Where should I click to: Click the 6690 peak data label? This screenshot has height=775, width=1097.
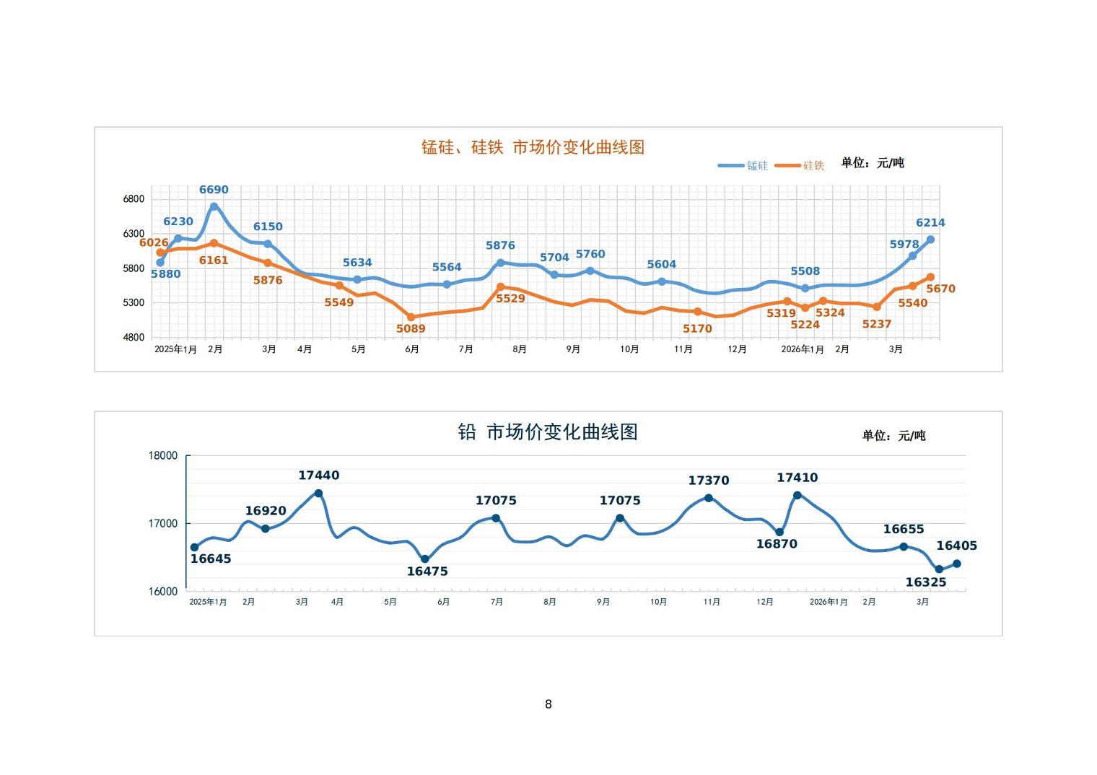(214, 190)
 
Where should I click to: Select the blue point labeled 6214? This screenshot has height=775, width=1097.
(930, 240)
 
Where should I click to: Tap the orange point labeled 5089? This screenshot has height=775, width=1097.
(411, 317)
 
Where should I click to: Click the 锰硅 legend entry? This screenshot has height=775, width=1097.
(743, 166)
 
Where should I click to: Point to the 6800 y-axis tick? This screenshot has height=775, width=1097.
(134, 199)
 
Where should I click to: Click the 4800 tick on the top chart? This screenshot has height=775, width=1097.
(134, 337)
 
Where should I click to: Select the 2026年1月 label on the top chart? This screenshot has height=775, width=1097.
(802, 349)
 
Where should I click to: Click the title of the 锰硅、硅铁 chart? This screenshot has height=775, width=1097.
(533, 147)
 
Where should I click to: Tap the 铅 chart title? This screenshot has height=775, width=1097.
(548, 432)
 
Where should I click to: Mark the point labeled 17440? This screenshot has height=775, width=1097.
(318, 494)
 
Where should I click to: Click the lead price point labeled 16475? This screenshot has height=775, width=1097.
(425, 559)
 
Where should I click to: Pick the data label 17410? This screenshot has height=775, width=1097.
(797, 478)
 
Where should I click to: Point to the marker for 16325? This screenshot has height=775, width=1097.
(939, 569)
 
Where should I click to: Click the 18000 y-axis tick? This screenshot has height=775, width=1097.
(163, 455)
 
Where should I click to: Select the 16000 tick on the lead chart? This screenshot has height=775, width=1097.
(163, 592)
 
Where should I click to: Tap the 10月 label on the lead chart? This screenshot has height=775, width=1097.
(658, 602)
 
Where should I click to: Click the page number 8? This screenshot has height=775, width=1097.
(548, 704)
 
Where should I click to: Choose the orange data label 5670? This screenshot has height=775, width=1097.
(940, 289)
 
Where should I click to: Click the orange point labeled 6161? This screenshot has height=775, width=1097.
(214, 243)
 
